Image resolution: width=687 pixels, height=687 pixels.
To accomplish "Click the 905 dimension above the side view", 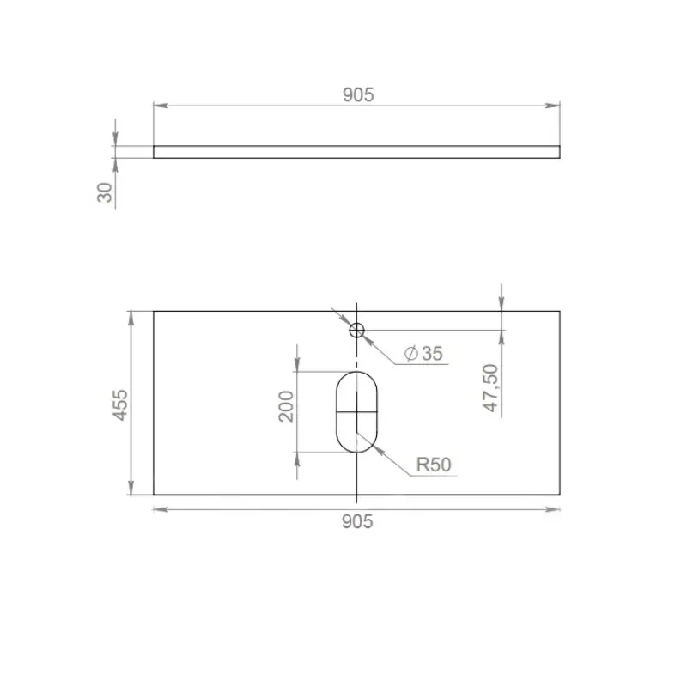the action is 358,95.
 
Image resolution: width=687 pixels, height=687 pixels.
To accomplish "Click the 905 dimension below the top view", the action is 357,522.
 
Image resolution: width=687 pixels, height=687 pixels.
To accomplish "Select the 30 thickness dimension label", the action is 105,192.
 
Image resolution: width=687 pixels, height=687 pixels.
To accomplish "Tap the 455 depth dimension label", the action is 120,405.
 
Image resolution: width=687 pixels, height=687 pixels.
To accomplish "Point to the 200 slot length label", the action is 286,406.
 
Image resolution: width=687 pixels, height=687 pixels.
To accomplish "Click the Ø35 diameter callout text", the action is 423,353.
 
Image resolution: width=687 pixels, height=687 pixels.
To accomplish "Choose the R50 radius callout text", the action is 434,465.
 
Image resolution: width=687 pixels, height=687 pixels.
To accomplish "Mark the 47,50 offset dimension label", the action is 490,388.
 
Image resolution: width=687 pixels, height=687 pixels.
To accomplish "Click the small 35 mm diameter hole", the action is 356,330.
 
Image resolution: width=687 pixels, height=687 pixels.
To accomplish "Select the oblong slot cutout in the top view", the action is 336,412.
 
